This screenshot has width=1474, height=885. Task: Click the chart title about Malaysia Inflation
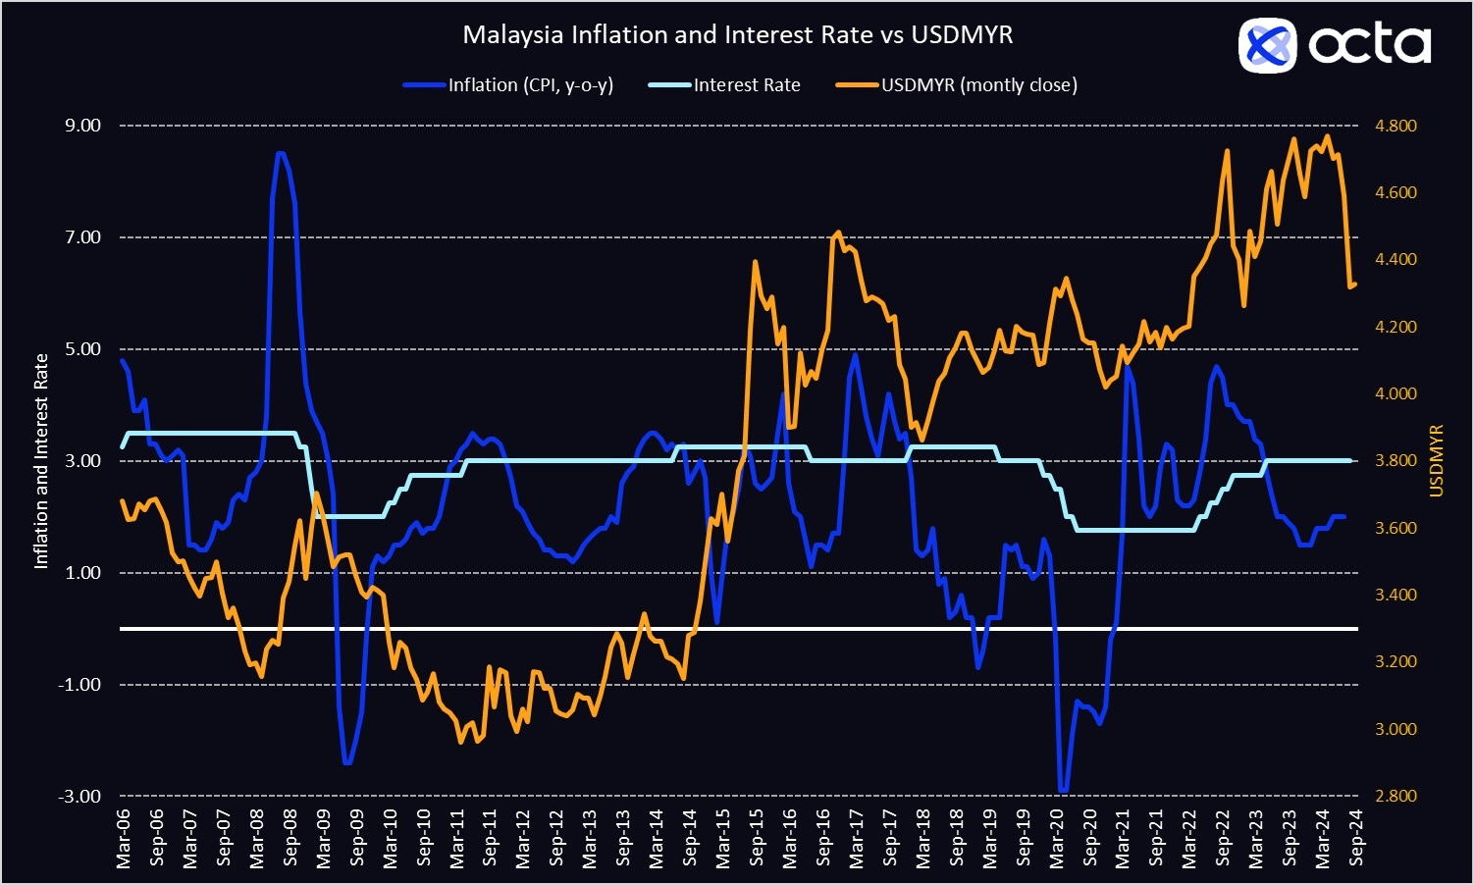[x=737, y=35]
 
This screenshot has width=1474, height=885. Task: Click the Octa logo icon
[x=1267, y=45]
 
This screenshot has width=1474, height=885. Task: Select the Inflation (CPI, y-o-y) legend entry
[x=530, y=85]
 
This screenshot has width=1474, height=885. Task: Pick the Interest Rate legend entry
[x=746, y=85]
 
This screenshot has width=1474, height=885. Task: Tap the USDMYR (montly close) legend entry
[x=978, y=85]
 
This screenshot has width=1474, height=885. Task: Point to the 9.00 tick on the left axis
[x=82, y=126]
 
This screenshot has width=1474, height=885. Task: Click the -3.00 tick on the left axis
[x=80, y=796]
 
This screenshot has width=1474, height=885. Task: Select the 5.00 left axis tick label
[x=82, y=349]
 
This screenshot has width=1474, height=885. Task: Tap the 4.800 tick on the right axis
[x=1395, y=126]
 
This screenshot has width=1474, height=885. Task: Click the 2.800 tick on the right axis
[x=1395, y=796]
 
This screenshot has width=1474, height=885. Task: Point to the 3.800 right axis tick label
[x=1395, y=461]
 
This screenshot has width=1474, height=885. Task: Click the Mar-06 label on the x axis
[x=124, y=839]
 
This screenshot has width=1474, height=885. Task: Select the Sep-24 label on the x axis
[x=1356, y=839]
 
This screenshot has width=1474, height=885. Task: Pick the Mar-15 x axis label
[x=723, y=839]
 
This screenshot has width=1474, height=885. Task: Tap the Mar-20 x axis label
[x=1057, y=839]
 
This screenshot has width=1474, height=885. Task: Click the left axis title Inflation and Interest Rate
[x=41, y=461]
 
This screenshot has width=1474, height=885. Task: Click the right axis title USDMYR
[x=1437, y=461]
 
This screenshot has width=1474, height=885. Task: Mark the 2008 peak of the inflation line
[x=281, y=153]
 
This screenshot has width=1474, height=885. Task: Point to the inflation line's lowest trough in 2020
[x=1063, y=791]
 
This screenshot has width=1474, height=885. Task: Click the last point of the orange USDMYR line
[x=1354, y=286]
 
